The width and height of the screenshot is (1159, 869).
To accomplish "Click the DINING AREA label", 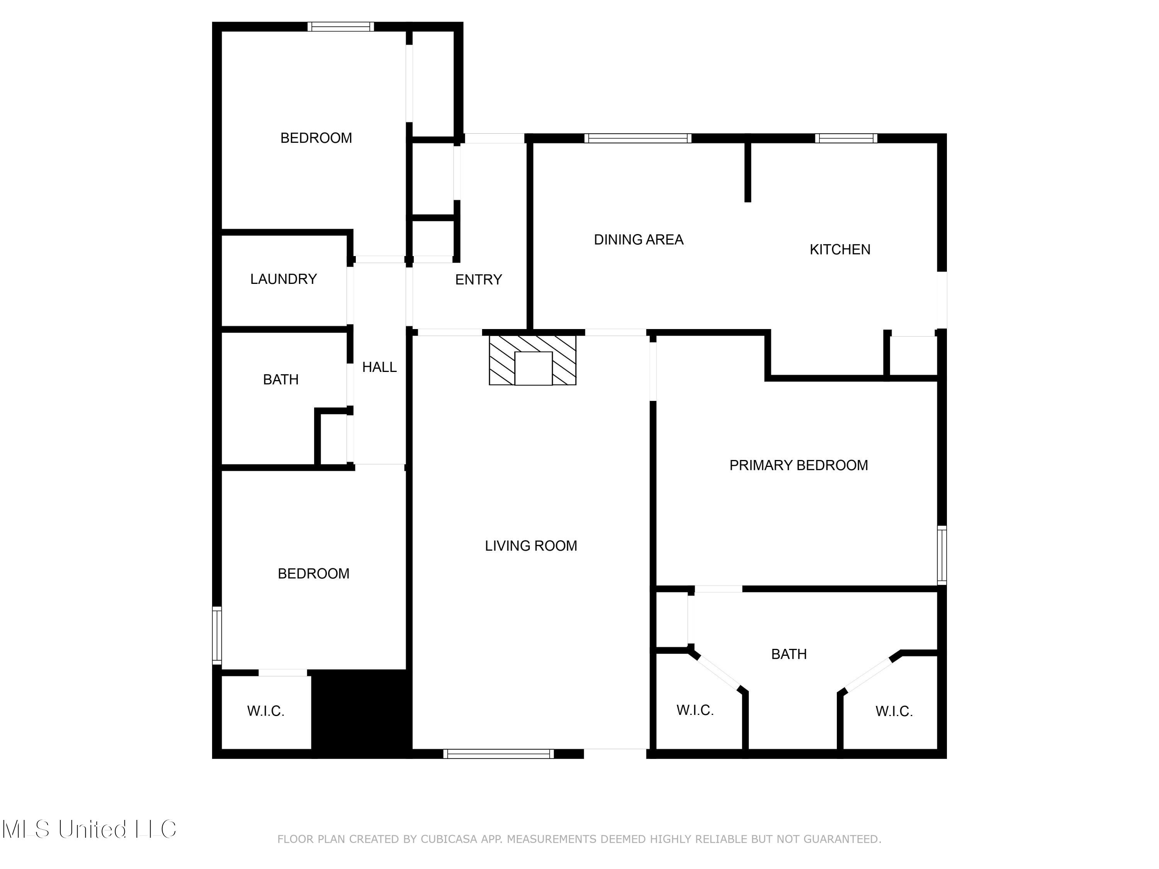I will [638, 240].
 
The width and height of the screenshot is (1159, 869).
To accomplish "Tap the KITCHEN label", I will [840, 250].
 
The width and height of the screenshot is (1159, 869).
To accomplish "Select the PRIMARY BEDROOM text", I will [798, 465].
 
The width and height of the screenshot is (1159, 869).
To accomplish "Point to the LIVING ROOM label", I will [530, 546].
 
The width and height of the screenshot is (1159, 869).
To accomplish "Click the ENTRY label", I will [478, 280].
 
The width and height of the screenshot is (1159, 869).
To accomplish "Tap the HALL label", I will [379, 367].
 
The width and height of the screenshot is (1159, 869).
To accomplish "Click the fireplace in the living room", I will [532, 361].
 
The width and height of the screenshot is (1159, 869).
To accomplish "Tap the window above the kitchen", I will [846, 138].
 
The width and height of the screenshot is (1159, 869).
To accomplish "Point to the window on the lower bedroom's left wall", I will [216, 635].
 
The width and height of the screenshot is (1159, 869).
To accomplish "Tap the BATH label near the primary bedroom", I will [788, 654].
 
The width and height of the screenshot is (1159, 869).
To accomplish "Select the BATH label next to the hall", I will [280, 380].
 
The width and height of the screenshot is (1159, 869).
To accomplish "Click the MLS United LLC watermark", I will [89, 829].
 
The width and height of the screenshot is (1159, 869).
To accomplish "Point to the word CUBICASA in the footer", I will [449, 839].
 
